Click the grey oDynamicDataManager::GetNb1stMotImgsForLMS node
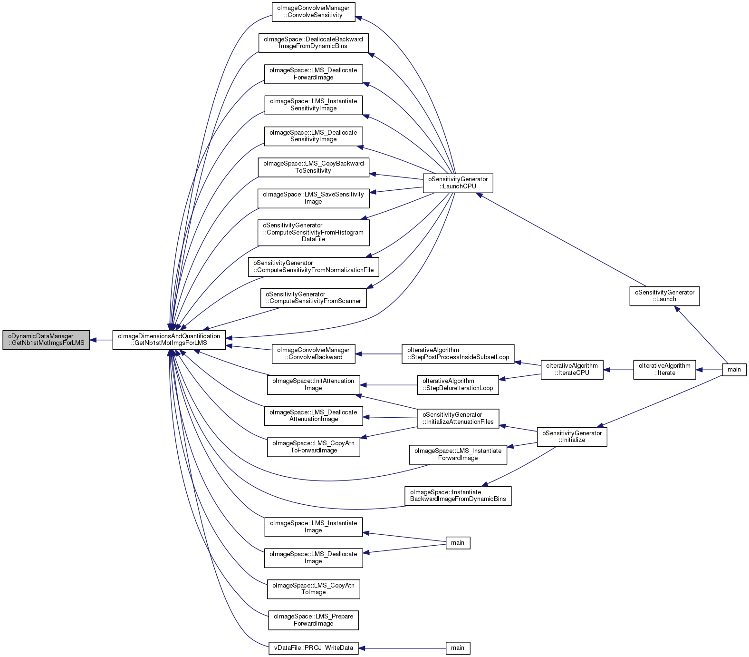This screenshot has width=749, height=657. click(x=46, y=340)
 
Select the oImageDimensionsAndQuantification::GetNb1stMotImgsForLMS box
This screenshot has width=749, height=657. click(x=169, y=340)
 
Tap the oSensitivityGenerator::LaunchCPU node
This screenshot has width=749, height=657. click(x=458, y=183)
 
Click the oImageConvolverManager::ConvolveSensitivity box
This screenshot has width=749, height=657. click(x=314, y=12)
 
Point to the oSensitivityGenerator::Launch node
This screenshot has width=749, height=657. click(x=664, y=296)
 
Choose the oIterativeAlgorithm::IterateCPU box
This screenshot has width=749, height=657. click(x=572, y=370)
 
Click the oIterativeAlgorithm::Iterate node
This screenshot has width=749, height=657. click(x=664, y=370)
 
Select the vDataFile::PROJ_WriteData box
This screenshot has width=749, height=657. click(x=314, y=648)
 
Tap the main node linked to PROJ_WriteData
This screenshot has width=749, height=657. click(x=458, y=648)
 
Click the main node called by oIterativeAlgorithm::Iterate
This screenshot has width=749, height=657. click(x=734, y=370)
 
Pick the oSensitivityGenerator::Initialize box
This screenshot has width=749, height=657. click(x=572, y=437)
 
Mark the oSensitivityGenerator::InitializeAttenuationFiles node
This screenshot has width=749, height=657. click(x=458, y=419)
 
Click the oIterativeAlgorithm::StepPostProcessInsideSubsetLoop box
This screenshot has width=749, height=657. click(x=458, y=354)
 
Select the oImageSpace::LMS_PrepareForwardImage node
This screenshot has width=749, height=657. click(x=314, y=620)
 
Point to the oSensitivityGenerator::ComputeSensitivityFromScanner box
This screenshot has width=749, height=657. click(x=314, y=298)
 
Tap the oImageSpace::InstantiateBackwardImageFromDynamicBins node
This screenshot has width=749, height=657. click(x=458, y=496)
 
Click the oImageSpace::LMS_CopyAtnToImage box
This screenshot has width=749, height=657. click(x=314, y=589)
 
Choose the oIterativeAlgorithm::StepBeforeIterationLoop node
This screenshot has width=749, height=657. click(x=458, y=385)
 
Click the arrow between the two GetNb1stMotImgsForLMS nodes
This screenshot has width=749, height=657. click(x=101, y=340)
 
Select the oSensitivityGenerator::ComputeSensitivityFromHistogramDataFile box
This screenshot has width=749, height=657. click(x=314, y=233)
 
